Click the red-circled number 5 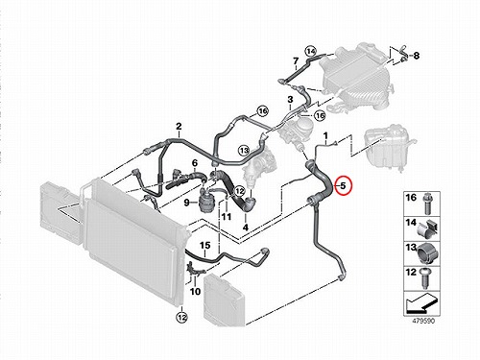[343, 185]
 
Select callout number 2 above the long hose [179, 126]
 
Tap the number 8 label [416, 56]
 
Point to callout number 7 [296, 60]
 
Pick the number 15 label [205, 246]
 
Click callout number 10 [195, 292]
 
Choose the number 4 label [246, 228]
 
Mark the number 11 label [227, 217]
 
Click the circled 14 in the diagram [310, 51]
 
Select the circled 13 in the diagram [244, 150]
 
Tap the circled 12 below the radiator [182, 318]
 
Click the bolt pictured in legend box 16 [427, 204]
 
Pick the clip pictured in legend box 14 [427, 228]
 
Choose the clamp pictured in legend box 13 [427, 254]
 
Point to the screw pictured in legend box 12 [424, 277]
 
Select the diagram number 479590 [423, 321]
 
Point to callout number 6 [195, 163]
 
